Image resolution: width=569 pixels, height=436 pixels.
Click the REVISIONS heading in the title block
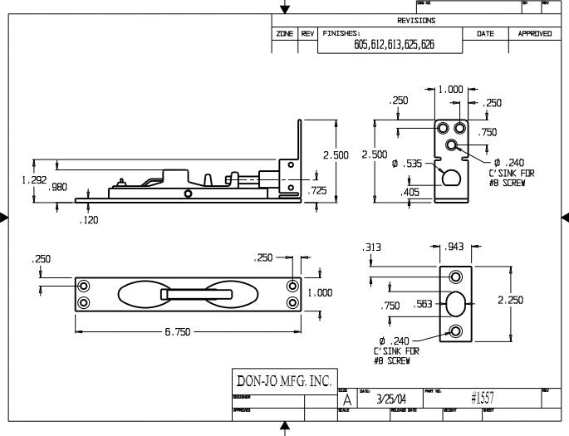coord(416,20)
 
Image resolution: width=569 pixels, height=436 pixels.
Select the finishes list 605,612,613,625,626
coord(394,46)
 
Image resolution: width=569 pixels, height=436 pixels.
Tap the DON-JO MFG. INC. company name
coord(285,381)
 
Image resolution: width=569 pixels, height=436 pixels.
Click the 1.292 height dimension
coord(16,179)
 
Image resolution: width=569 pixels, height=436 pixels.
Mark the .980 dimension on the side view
coord(58,188)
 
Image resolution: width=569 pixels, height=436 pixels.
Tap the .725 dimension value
coord(318,190)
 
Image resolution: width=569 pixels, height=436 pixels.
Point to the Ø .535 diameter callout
coord(407,164)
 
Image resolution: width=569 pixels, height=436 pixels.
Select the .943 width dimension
coord(455,247)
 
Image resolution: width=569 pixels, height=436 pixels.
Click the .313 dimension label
coord(371,247)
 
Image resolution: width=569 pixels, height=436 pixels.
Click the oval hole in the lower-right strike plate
coord(456,305)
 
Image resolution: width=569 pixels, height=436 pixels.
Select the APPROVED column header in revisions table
coord(534,34)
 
